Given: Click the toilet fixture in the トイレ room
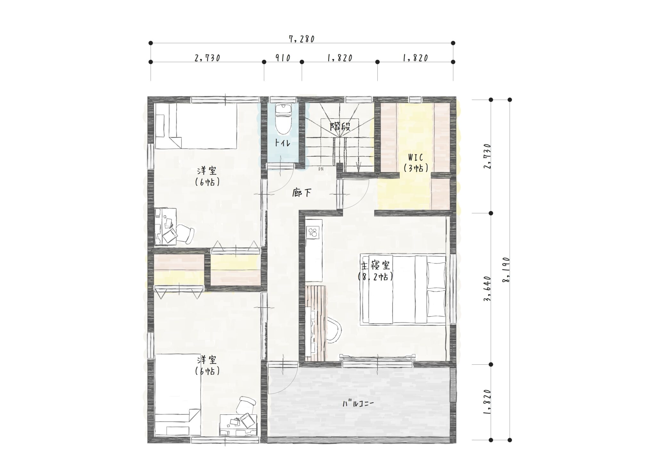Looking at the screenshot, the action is coord(283,119).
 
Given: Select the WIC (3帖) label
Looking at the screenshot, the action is coord(415,163).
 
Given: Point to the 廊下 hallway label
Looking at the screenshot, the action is coord(301,193).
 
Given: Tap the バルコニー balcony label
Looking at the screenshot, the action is coord(358,403).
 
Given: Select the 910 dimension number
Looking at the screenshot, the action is coord(283,58).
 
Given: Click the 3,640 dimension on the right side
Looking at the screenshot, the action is coord(487,288).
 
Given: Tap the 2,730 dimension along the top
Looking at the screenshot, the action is coord(207,58).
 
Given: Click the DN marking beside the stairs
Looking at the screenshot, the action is coord(321,169).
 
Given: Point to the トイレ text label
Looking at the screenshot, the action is coord(283,143).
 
